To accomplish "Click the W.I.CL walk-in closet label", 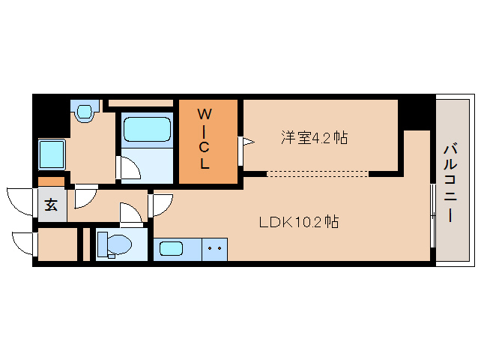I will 205,139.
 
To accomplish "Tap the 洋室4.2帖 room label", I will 314,138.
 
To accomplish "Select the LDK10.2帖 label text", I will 298,222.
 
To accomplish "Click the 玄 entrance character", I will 50,205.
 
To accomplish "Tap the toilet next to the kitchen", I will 115,244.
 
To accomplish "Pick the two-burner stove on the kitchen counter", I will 215,247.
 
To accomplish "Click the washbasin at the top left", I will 84,112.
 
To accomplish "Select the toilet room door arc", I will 133,216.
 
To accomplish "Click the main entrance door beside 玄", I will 20,201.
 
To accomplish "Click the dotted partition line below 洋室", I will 318,174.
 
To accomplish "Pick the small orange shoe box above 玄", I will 51,181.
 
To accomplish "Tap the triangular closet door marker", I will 245,140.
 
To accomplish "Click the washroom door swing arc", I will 83,196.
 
